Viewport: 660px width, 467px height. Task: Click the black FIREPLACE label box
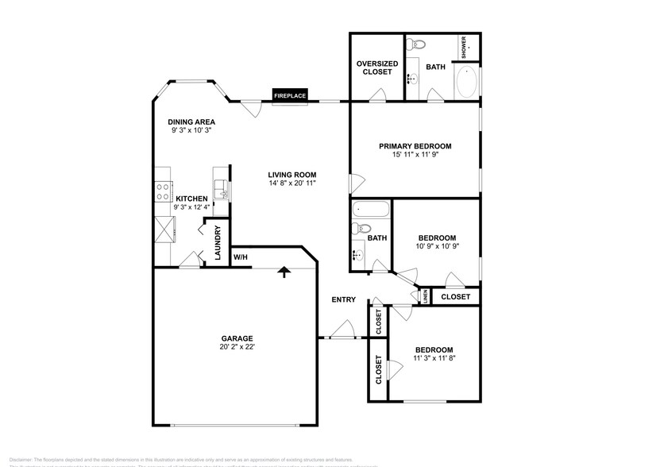click(290, 95)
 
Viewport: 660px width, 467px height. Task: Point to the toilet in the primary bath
click(418, 44)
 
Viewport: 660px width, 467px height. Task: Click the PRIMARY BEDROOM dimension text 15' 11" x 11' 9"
click(415, 155)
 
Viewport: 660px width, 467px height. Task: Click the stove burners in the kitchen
click(162, 191)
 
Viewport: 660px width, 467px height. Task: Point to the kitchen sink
click(223, 190)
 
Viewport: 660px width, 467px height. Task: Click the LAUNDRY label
click(217, 244)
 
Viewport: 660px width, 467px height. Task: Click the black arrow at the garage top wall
click(282, 272)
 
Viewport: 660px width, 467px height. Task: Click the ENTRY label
click(344, 299)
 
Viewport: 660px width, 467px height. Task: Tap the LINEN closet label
click(425, 297)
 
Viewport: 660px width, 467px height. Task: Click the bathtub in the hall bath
click(370, 211)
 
